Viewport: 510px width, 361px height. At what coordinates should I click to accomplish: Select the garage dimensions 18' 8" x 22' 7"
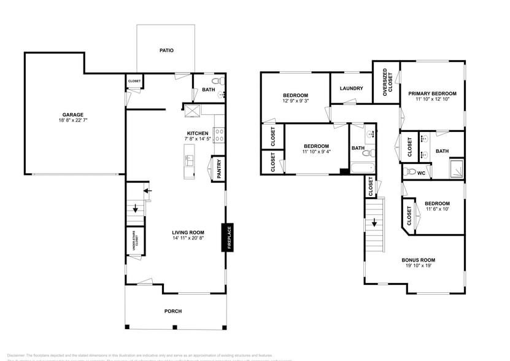(x=72, y=121)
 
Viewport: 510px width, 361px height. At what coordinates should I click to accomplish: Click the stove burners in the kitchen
(x=217, y=134)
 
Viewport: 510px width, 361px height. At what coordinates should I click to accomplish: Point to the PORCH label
(x=173, y=311)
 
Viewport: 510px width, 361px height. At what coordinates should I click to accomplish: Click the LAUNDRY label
(x=352, y=88)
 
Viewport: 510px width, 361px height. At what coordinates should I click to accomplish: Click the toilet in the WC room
(x=411, y=172)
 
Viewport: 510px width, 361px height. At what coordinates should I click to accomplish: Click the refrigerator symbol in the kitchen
(x=194, y=110)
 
